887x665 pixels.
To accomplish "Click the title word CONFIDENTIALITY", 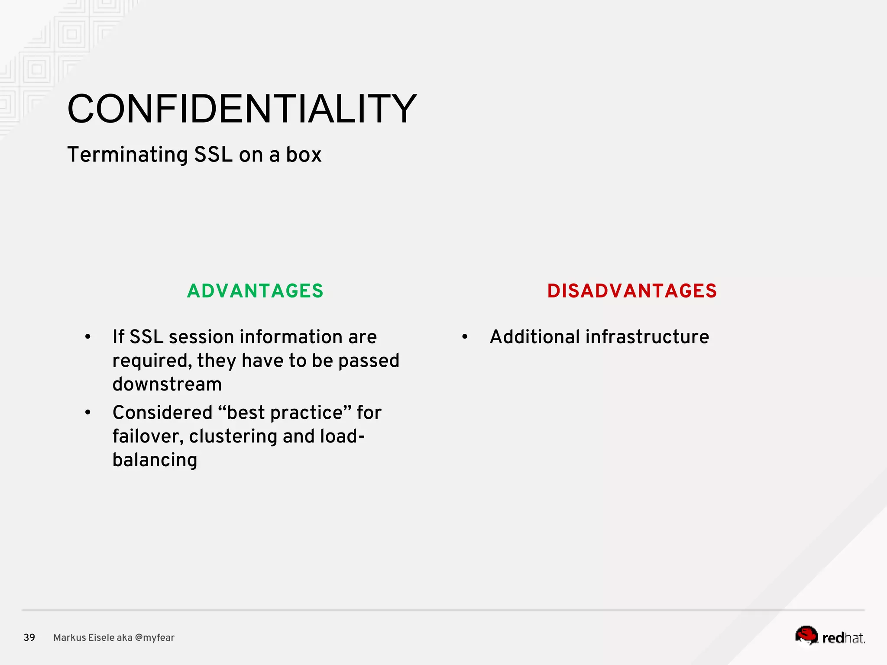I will click(242, 109).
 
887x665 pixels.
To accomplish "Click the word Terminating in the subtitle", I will click(127, 155).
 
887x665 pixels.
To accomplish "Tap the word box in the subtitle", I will click(304, 155).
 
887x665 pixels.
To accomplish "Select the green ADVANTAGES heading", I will click(255, 291).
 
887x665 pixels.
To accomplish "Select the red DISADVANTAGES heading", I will click(632, 291).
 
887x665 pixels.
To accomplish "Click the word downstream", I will click(167, 384).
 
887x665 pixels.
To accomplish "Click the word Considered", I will click(162, 413).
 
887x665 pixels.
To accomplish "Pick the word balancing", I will click(155, 460).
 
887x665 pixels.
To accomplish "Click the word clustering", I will click(233, 436).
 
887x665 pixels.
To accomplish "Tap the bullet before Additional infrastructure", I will click(465, 337).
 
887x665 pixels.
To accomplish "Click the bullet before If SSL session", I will click(88, 337).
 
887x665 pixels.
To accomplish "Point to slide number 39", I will click(29, 638).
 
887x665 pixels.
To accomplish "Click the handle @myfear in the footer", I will click(155, 638).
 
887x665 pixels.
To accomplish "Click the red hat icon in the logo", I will click(806, 635).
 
